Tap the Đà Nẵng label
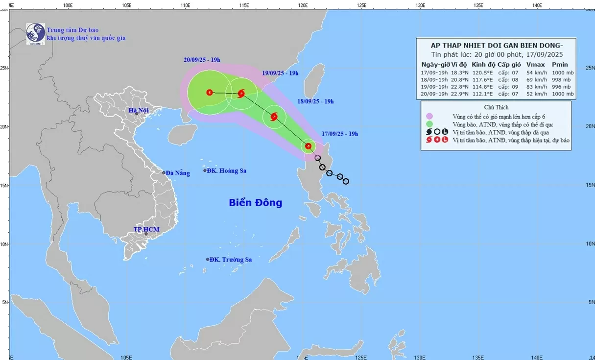click(x=177, y=173)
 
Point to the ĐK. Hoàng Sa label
click(x=226, y=171)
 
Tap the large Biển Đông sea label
click(x=255, y=202)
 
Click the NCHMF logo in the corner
click(x=35, y=34)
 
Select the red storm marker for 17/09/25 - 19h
click(x=308, y=146)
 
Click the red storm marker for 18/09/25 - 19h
click(x=274, y=117)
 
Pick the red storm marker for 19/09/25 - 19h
click(x=241, y=93)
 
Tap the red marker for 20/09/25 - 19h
click(x=210, y=92)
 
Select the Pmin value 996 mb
click(x=561, y=86)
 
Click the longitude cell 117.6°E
click(x=481, y=79)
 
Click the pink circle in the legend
click(x=429, y=116)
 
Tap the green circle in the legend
click(x=429, y=124)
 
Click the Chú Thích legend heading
click(x=496, y=107)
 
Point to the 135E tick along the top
click(x=478, y=5)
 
